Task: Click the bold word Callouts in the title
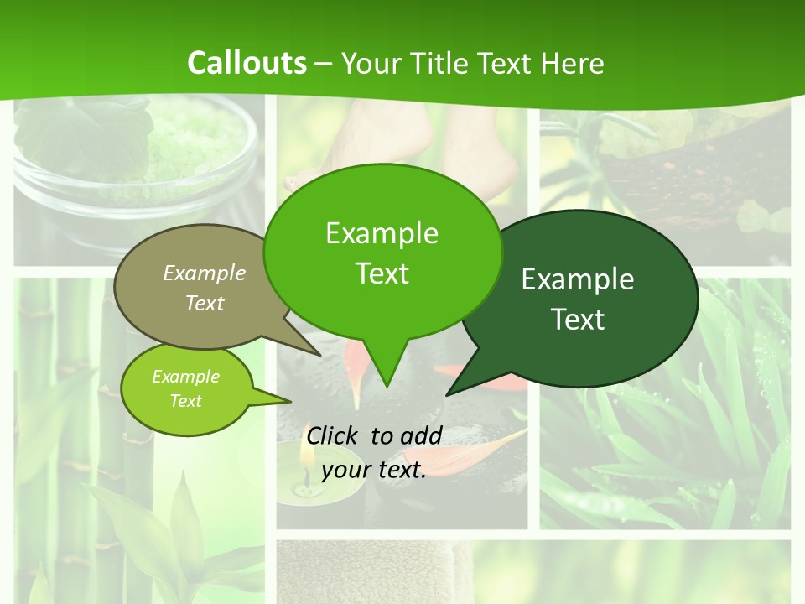[247, 63]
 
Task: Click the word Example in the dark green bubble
[578, 279]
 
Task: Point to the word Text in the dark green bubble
[579, 320]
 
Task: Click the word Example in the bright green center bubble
[382, 233]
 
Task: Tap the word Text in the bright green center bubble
[382, 273]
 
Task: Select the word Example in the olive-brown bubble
[205, 273]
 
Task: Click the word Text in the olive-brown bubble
[205, 303]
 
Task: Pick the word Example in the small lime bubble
[186, 377]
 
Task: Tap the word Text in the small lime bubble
[186, 401]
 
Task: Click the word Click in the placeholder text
[334, 435]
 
